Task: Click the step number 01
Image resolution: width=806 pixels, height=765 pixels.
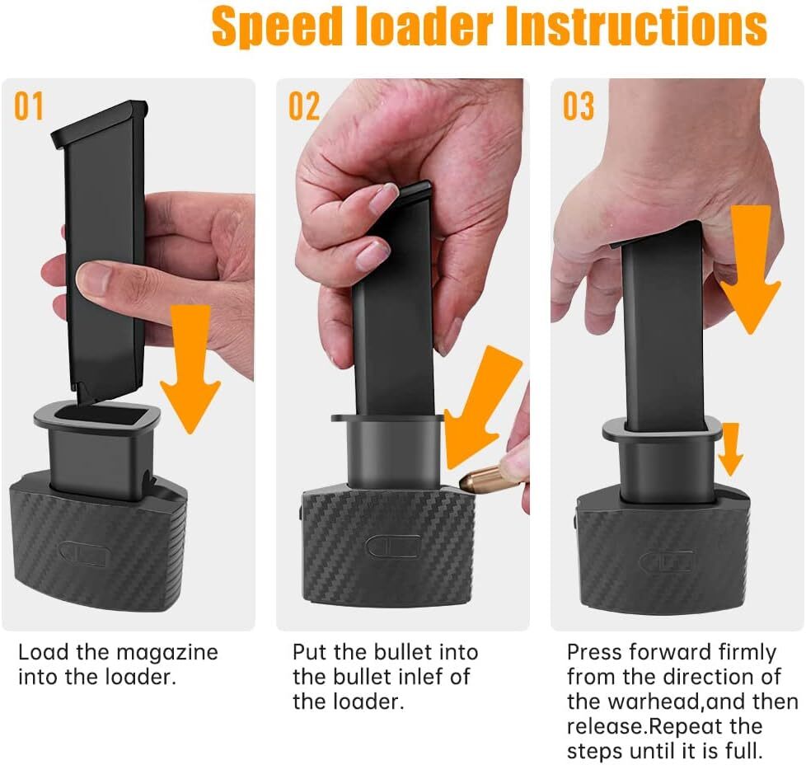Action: (x=29, y=107)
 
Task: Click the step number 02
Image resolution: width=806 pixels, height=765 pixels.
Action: (x=303, y=107)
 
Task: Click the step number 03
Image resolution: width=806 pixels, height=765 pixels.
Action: (x=578, y=107)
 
